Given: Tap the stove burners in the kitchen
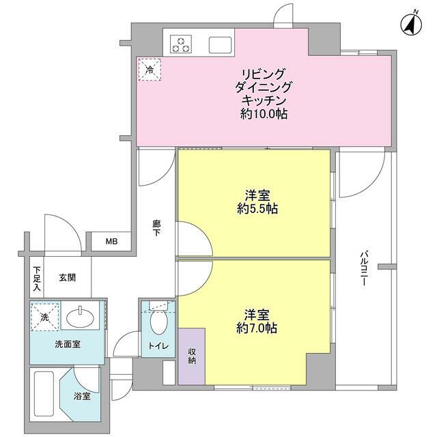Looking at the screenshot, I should tap(182, 44).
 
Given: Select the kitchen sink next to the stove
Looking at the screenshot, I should tap(221, 45).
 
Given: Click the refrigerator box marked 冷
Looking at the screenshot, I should tap(150, 68).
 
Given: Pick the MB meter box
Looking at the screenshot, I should tap(110, 241).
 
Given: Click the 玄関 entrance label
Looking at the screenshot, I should tap(67, 277).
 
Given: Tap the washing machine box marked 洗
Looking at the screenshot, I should tap(44, 317).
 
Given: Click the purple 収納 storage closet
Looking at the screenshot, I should tap(191, 356).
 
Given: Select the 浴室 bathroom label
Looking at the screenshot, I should tap(82, 396).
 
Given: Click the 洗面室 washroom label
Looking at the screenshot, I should tap(68, 344).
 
